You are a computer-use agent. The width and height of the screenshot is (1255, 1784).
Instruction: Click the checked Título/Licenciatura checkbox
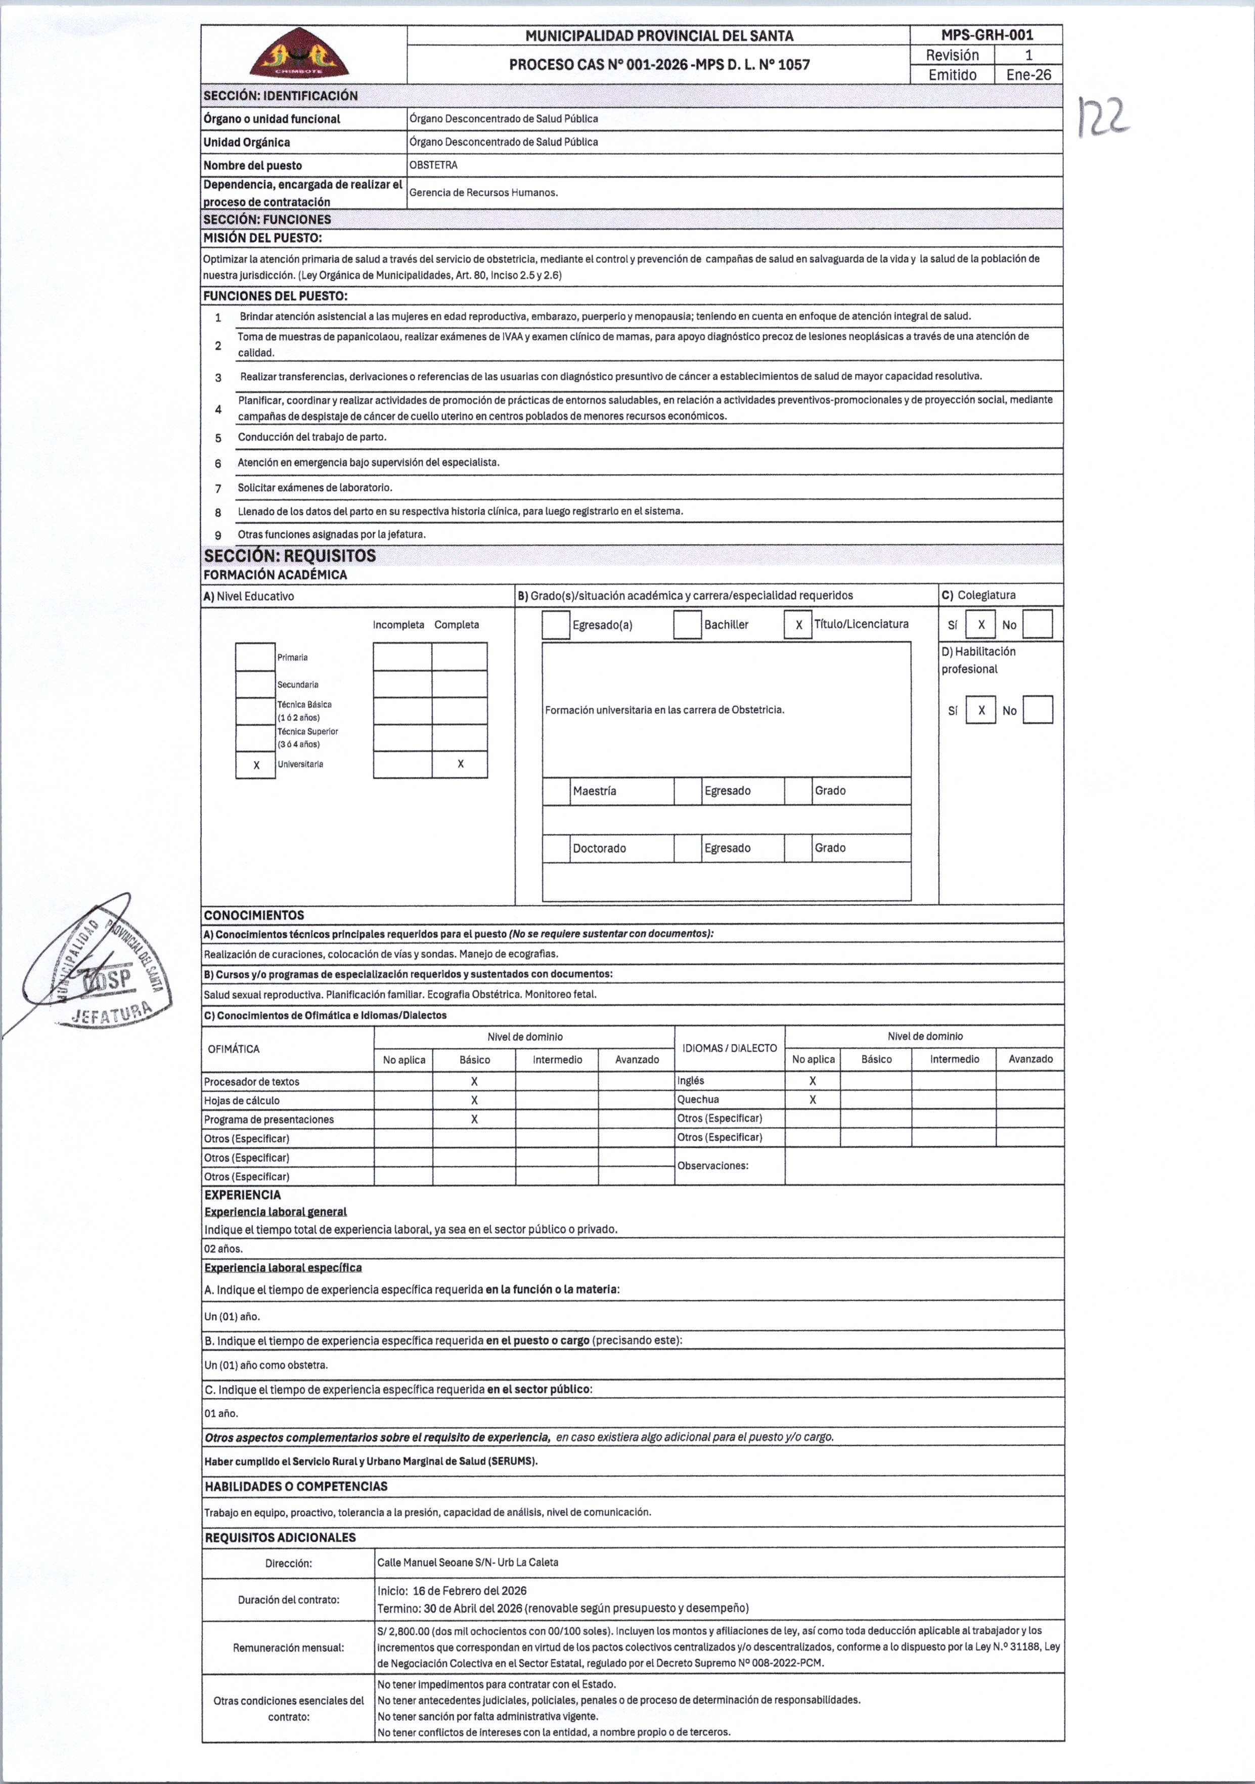(798, 625)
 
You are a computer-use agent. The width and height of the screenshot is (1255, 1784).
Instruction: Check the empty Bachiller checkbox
(687, 625)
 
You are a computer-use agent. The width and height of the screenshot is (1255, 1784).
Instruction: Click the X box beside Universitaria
(256, 765)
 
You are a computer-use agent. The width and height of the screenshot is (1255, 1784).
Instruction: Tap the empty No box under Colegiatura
(1038, 625)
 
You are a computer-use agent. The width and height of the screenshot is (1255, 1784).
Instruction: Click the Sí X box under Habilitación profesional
(980, 710)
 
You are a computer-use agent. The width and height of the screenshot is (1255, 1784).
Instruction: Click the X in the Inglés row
(812, 1081)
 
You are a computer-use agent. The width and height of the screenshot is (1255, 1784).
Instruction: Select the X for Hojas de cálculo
(474, 1100)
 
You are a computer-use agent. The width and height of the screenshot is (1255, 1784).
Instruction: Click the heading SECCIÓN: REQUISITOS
(290, 556)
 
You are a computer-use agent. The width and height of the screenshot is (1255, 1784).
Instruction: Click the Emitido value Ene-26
(1028, 75)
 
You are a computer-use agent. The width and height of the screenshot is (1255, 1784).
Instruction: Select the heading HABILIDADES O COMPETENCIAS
(296, 1486)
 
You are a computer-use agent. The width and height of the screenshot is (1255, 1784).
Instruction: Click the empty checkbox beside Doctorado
(556, 848)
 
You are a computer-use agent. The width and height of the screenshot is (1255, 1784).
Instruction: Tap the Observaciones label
(712, 1166)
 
